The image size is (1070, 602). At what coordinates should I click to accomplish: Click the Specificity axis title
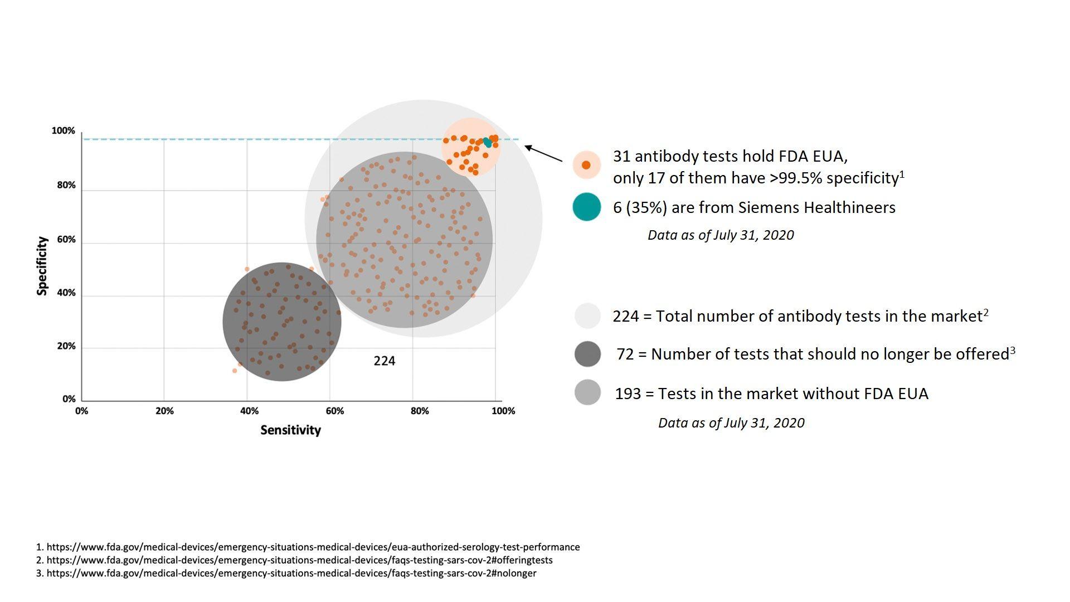point(42,266)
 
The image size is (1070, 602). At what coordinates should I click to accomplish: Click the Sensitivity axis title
point(290,430)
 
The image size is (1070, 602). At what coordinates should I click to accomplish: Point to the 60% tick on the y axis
point(66,240)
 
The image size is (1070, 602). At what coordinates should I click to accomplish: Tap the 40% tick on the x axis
point(249,411)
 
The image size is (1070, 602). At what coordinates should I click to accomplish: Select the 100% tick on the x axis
point(503,411)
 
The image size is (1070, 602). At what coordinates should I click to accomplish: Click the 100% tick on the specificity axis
point(63,130)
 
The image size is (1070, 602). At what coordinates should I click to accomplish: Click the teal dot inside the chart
point(487,143)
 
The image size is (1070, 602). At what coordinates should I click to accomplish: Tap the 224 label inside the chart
point(384,361)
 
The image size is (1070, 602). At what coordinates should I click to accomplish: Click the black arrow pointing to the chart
point(543,153)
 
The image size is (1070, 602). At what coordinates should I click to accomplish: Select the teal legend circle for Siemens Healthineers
point(587,207)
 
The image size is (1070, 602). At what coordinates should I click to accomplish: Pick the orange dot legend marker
point(586,165)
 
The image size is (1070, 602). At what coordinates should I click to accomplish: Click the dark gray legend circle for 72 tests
point(587,354)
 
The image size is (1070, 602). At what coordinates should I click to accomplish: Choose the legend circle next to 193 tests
point(587,393)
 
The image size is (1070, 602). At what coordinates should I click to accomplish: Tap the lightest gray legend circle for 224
point(587,316)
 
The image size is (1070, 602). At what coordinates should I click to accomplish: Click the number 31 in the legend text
point(621,157)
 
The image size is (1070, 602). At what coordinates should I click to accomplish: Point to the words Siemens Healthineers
point(816,207)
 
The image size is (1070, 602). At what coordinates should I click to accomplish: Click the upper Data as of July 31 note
point(720,235)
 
